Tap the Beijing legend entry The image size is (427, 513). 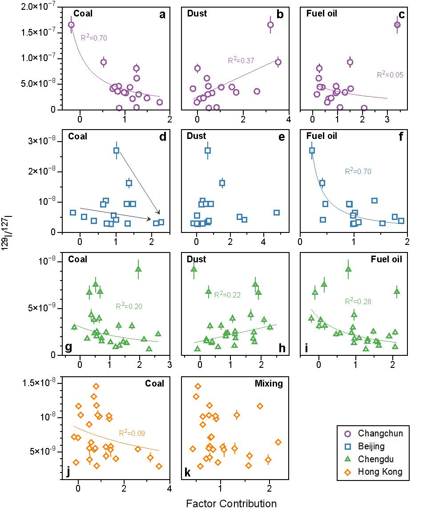(371, 446)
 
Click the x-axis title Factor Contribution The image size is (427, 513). (231, 504)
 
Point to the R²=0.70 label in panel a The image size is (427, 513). (94, 38)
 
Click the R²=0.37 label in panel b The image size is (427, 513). (241, 61)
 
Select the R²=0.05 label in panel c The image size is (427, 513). (390, 75)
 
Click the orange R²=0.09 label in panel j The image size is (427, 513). (132, 432)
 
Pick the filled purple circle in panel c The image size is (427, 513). (397, 25)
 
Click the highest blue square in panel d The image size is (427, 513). (116, 151)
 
